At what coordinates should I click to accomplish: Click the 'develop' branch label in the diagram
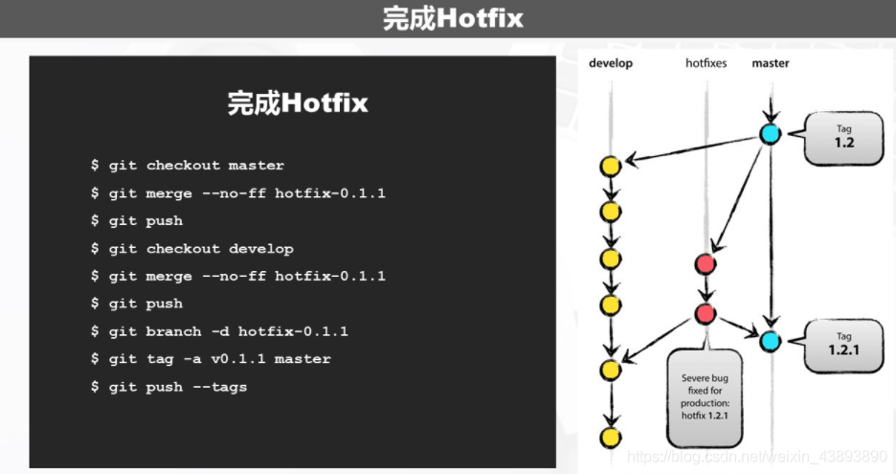pyautogui.click(x=611, y=63)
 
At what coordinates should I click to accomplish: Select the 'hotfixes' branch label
pyautogui.click(x=706, y=63)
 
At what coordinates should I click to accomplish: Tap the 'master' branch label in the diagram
pyautogui.click(x=771, y=63)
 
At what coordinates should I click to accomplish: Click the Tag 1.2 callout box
pyautogui.click(x=842, y=136)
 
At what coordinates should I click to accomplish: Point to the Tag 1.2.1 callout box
pyautogui.click(x=843, y=344)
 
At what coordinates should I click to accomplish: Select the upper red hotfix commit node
pyautogui.click(x=706, y=264)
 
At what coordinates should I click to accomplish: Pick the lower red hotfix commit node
pyautogui.click(x=706, y=313)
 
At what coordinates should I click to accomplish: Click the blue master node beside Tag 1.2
pyautogui.click(x=771, y=134)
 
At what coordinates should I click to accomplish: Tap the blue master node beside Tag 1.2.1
pyautogui.click(x=771, y=340)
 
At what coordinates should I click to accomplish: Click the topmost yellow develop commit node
pyautogui.click(x=610, y=166)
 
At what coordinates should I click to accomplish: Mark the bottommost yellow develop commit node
pyautogui.click(x=610, y=438)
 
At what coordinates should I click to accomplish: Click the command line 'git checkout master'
pyautogui.click(x=188, y=166)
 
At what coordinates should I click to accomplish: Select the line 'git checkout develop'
pyautogui.click(x=191, y=249)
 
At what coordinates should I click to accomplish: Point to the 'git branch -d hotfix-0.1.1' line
pyautogui.click(x=219, y=331)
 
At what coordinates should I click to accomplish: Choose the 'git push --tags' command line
pyautogui.click(x=168, y=387)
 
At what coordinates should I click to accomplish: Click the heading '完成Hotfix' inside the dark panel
pyautogui.click(x=297, y=103)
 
